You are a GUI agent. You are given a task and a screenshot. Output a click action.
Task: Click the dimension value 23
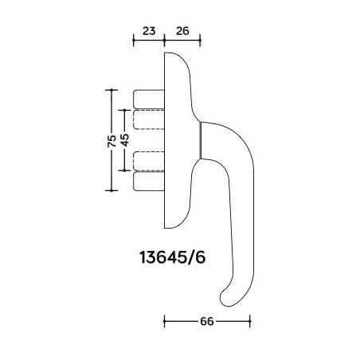point(149,31)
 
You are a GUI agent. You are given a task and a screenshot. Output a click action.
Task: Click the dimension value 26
point(182,31)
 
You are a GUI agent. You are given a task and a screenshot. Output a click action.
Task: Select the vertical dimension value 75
point(112,141)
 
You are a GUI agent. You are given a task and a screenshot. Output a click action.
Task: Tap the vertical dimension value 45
point(125,140)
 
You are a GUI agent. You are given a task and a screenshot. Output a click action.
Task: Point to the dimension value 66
point(207,321)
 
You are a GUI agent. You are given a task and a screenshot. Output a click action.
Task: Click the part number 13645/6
point(173,257)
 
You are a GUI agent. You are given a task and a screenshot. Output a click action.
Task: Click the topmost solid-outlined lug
point(149,100)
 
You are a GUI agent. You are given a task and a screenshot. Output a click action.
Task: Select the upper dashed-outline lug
point(149,119)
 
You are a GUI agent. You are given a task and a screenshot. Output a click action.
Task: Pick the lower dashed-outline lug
point(149,161)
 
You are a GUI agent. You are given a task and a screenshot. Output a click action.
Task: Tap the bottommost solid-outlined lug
point(149,182)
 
